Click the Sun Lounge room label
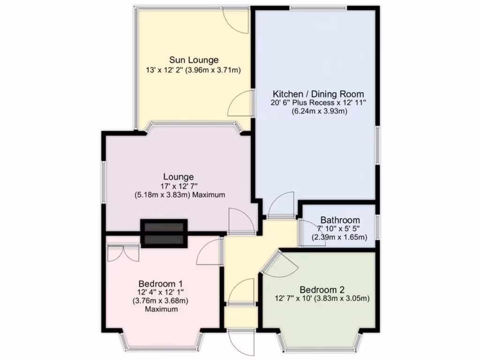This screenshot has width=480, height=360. [x=194, y=60]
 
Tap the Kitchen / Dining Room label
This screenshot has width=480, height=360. [x=318, y=94]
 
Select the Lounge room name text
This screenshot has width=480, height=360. [x=178, y=177]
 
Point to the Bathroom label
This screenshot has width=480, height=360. [x=340, y=220]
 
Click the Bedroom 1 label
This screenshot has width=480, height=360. [x=160, y=284]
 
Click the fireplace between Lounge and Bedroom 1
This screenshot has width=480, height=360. [x=164, y=233]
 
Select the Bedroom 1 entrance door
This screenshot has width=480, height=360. [x=210, y=253]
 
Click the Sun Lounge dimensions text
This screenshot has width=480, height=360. [x=194, y=70]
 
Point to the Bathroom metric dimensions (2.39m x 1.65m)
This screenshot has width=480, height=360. [x=340, y=237]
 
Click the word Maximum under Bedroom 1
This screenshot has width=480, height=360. [x=161, y=309]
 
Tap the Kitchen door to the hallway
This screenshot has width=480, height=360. [x=283, y=204]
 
